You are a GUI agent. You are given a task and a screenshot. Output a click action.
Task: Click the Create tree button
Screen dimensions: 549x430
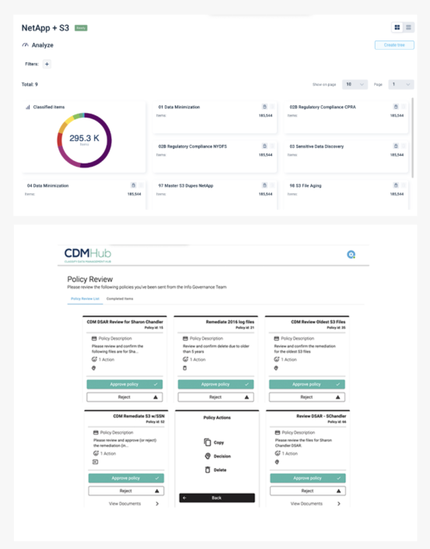(393, 45)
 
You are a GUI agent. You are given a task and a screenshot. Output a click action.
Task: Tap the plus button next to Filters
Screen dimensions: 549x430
(47, 64)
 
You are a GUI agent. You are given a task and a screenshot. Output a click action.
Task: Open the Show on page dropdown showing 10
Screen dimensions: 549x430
(354, 84)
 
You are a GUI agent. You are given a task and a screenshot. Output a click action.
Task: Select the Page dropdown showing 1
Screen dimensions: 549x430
(400, 84)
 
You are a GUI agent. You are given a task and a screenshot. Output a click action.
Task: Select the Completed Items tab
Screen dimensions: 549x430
(120, 298)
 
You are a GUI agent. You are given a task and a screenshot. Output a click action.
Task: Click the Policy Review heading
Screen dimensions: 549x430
(83, 277)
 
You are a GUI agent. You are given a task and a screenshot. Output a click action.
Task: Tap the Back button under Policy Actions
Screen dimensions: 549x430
(216, 497)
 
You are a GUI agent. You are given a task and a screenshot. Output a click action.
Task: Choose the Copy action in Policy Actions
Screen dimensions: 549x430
(218, 442)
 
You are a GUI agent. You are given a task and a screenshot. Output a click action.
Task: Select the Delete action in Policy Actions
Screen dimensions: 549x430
(218, 470)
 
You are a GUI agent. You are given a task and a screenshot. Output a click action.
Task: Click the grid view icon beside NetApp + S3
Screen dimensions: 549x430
(397, 27)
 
